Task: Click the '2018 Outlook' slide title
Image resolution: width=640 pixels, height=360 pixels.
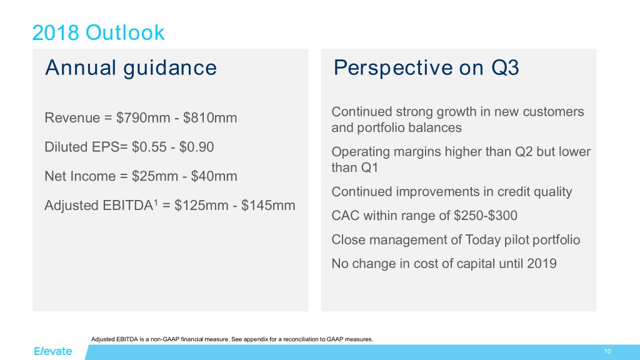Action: [98, 32]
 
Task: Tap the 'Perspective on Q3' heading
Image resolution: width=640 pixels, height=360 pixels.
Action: [426, 67]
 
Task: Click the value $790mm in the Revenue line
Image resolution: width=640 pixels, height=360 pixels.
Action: [143, 117]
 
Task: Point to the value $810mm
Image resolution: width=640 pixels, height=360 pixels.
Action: [210, 117]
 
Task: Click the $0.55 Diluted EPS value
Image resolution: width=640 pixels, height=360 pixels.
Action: [149, 147]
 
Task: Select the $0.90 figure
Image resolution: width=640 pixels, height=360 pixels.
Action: [196, 147]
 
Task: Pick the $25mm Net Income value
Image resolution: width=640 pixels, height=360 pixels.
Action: [155, 176]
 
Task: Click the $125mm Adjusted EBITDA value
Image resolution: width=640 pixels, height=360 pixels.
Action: [201, 205]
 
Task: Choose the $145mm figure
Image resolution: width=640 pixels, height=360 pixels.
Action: [268, 205]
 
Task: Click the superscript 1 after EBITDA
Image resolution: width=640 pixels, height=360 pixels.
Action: [156, 202]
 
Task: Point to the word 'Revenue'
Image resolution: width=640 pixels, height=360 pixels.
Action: [72, 118]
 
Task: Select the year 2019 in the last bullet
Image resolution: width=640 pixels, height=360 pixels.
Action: [542, 264]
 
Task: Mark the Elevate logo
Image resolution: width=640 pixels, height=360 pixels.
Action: [52, 351]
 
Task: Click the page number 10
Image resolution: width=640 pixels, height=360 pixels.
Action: [607, 351]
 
